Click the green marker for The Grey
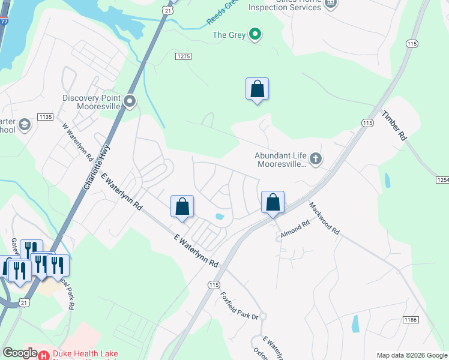[255, 35]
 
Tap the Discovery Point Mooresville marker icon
[130, 102]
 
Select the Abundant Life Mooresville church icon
[316, 159]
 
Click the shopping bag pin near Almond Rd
[273, 202]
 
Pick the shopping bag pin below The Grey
[257, 89]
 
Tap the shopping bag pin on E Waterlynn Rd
[182, 207]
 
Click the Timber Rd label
[395, 125]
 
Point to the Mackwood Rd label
[325, 218]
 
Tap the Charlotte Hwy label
[96, 170]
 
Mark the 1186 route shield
[411, 321]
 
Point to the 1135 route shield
[45, 116]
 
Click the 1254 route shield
[442, 180]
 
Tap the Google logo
[20, 353]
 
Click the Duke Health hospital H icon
[44, 355]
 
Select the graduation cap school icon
[25, 125]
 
